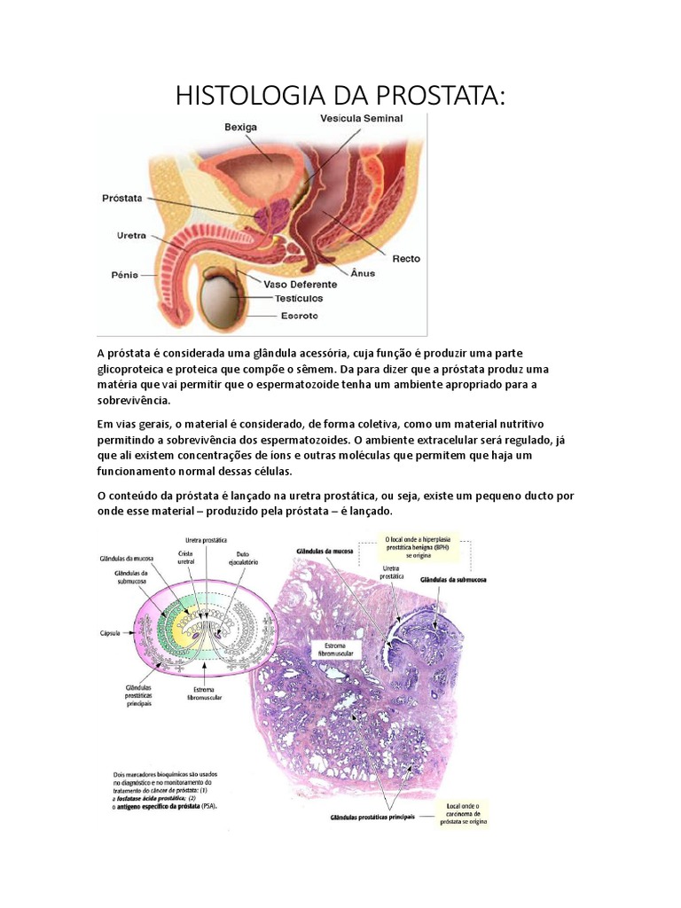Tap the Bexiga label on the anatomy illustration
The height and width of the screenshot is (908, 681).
[239, 127]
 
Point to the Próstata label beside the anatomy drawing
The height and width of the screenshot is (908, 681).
[121, 199]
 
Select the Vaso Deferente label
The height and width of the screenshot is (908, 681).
[301, 285]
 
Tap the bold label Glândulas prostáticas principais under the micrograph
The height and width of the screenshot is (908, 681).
[372, 816]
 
